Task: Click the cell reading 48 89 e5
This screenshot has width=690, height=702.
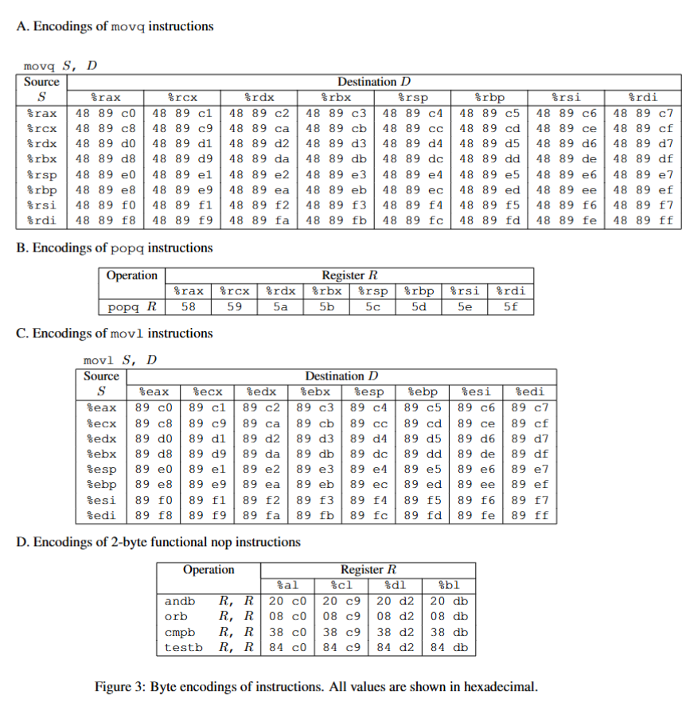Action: point(489,174)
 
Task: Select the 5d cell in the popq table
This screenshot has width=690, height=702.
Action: point(419,306)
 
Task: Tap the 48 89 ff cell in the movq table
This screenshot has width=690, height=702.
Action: point(643,220)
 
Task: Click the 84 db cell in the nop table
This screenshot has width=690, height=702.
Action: point(449,647)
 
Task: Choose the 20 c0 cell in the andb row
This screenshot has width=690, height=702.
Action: point(288,602)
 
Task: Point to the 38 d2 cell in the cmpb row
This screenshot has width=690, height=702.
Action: point(396,632)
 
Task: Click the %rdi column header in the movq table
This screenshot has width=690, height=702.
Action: point(643,97)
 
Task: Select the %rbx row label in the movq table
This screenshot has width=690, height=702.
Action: point(41,159)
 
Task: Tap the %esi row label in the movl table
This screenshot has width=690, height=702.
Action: point(101,500)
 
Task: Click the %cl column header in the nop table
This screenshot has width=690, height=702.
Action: point(341,586)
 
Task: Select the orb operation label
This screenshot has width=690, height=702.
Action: point(175,617)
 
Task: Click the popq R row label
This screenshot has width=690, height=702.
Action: point(131,306)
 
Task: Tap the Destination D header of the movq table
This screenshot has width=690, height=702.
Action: point(373,81)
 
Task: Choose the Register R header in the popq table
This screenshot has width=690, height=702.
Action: point(349,275)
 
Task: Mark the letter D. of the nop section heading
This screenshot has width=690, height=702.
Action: point(22,542)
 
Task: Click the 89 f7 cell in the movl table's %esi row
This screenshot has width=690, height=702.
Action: point(529,500)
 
